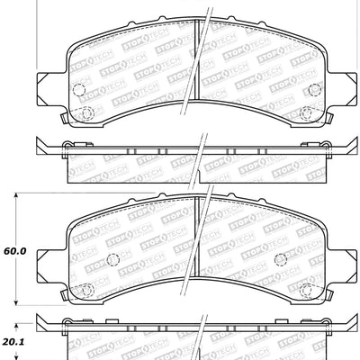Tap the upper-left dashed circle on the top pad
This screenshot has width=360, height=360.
[77, 90]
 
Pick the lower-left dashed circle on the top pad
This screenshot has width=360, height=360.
[88, 113]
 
